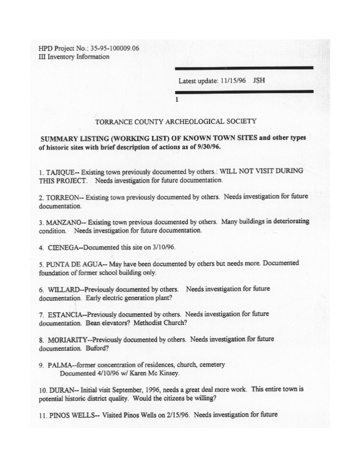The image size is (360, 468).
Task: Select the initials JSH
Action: point(259,81)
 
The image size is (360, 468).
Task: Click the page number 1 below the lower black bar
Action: point(177,99)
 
